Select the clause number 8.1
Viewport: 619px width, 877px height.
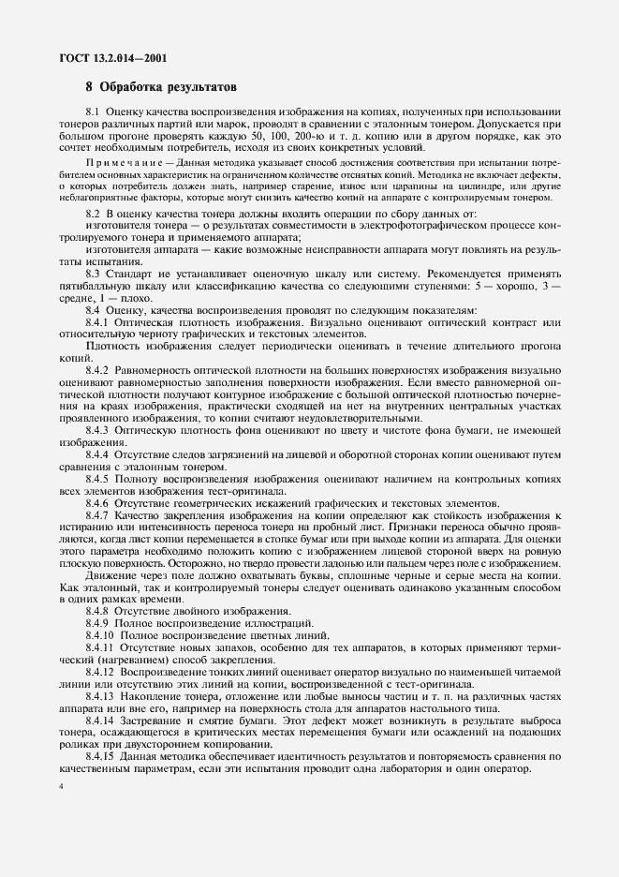93,112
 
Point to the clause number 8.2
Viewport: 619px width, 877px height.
93,215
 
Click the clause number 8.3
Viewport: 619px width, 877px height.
93,274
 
